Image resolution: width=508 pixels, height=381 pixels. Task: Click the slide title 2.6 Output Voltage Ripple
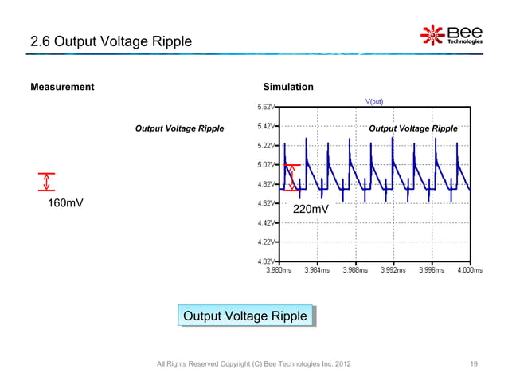(x=111, y=41)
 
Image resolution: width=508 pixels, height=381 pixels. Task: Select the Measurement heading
(x=62, y=87)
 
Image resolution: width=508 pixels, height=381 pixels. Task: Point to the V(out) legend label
(x=375, y=101)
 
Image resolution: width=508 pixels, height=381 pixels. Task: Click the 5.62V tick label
(x=266, y=106)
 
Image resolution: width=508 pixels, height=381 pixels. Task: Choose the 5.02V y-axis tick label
(x=266, y=165)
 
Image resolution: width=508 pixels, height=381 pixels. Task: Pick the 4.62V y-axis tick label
(x=266, y=203)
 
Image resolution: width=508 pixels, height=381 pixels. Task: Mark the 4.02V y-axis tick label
(x=266, y=261)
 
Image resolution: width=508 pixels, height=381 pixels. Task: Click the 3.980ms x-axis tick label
(x=278, y=270)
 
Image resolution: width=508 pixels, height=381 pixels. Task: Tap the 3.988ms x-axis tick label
(x=355, y=270)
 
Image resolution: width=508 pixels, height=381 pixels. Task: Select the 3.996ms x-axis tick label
(x=432, y=270)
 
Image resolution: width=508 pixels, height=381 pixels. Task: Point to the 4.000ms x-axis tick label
(x=469, y=270)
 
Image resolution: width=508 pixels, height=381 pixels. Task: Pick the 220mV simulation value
(x=311, y=210)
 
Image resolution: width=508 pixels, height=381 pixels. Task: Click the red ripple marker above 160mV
(x=45, y=182)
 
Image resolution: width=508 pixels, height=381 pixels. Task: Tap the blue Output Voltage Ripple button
(x=244, y=316)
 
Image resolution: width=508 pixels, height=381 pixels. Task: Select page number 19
(x=474, y=364)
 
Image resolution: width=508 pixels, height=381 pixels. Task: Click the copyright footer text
(x=252, y=364)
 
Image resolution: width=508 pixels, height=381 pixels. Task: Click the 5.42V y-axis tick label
(x=266, y=126)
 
